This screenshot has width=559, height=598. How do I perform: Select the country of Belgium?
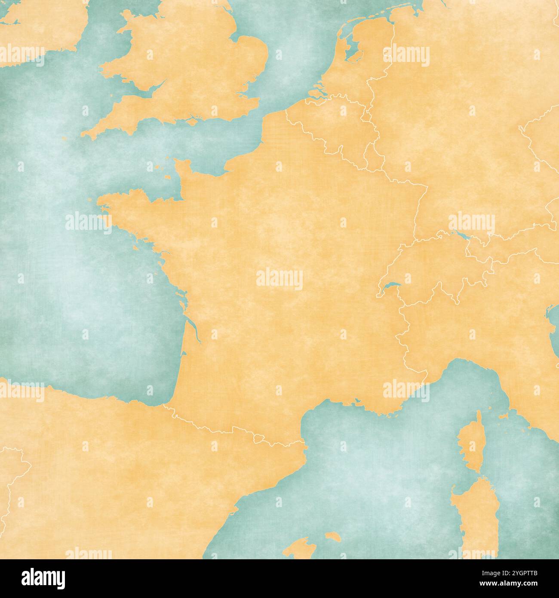coord(335,129)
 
